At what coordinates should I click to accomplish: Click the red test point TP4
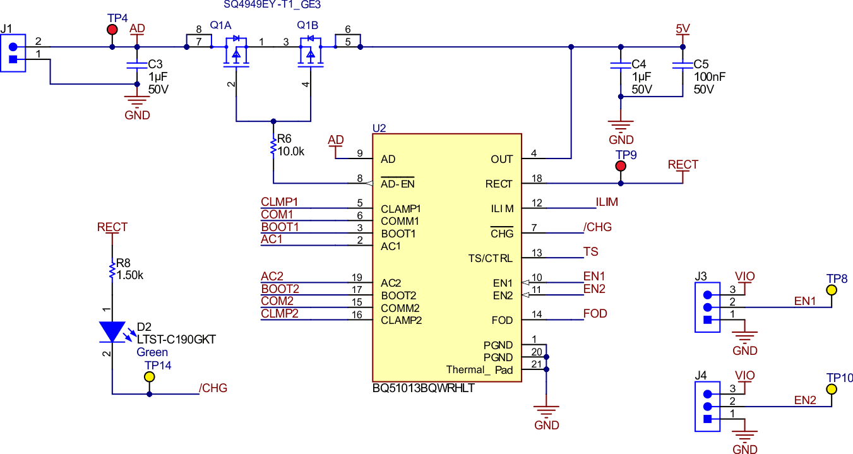click(x=112, y=30)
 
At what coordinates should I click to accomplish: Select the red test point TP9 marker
click(x=621, y=166)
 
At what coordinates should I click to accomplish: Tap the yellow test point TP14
click(x=150, y=377)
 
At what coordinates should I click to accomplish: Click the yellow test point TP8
click(x=832, y=290)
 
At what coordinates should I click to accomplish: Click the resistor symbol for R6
click(x=273, y=146)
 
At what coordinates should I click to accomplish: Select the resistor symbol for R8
click(x=112, y=270)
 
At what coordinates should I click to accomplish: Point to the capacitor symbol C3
click(x=137, y=65)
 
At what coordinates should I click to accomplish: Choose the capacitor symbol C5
click(x=681, y=65)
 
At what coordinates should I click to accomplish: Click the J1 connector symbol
click(x=13, y=54)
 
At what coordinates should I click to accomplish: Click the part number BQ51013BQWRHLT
click(x=423, y=388)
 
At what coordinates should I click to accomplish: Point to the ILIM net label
click(x=607, y=203)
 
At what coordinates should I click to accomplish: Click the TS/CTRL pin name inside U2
click(x=491, y=259)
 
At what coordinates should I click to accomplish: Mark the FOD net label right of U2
click(x=595, y=314)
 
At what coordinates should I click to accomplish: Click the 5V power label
click(x=683, y=29)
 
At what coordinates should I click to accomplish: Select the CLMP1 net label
click(x=279, y=202)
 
